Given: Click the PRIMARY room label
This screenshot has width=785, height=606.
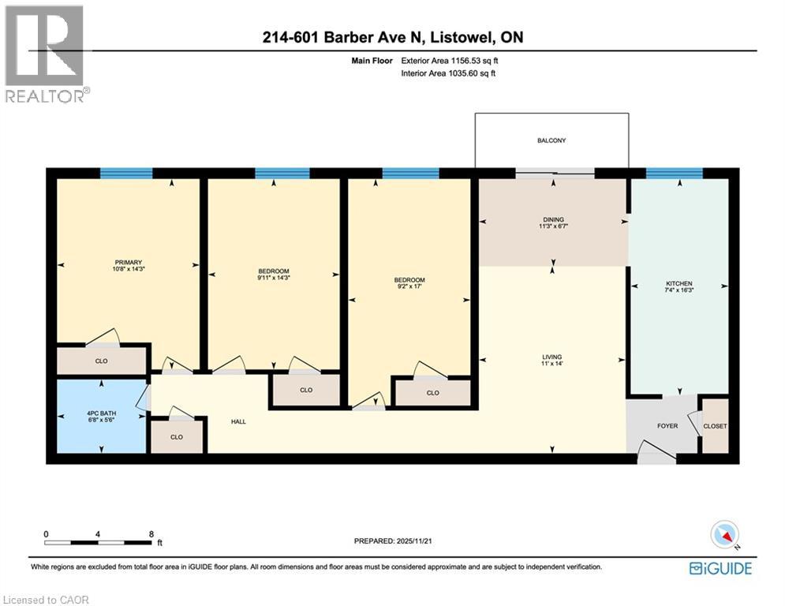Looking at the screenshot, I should [x=127, y=262].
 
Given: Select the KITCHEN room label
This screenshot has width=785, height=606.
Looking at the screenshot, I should [x=678, y=283].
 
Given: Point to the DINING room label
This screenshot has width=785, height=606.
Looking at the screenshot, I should [x=553, y=220].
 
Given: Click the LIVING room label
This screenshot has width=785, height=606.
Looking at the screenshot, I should [x=552, y=355].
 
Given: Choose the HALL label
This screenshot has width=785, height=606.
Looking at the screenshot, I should [x=238, y=421].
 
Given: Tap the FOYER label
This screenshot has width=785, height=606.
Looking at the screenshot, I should [x=667, y=425].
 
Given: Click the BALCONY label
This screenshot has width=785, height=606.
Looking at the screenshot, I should [x=551, y=140].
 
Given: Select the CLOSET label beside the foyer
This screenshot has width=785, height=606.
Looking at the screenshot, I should [x=715, y=426].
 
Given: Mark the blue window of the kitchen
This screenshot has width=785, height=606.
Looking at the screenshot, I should [x=674, y=174].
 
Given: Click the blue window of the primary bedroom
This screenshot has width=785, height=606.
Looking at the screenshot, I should [x=126, y=174].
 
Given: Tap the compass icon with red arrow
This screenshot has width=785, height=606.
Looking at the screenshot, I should [x=723, y=536].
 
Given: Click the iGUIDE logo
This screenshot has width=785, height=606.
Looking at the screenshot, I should [x=720, y=568].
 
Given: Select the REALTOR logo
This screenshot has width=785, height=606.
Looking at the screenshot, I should [x=45, y=54].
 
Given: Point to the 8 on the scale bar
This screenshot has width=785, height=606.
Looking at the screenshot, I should [x=151, y=533].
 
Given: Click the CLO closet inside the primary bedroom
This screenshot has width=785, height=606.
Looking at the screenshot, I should [x=101, y=361].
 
